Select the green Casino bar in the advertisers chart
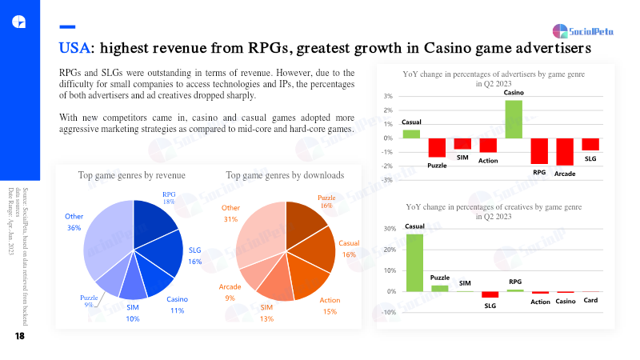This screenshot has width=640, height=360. pos(514,118)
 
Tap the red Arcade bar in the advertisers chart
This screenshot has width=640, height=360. pos(565,152)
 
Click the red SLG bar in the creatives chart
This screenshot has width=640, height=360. pos(490,294)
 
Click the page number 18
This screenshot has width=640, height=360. pos(19,337)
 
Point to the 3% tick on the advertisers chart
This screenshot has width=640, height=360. pos(387,97)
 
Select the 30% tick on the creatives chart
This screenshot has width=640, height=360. pos(390,229)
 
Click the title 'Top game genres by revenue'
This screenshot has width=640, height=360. pos(131,175)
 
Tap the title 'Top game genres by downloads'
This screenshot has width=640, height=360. pos(285,175)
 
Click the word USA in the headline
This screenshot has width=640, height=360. pos(74,49)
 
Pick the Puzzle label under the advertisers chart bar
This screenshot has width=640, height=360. pos(437,165)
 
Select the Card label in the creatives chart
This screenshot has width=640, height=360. pos(590,301)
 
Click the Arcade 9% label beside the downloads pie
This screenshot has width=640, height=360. pos(230,291)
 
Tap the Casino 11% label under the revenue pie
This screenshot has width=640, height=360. pos(177,305)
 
